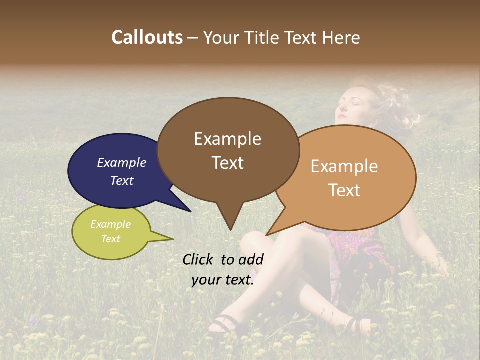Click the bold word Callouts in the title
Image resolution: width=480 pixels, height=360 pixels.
pyautogui.click(x=147, y=37)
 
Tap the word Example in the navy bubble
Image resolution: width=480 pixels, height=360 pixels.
pyautogui.click(x=121, y=162)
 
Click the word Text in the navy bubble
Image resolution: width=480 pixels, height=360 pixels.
pyautogui.click(x=121, y=180)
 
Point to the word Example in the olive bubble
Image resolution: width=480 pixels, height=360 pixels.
pyautogui.click(x=110, y=224)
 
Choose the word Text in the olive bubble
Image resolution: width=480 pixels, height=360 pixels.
pyautogui.click(x=110, y=239)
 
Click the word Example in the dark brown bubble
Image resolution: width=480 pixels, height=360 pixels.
pyautogui.click(x=227, y=138)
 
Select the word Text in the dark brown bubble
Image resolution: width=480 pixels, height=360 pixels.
pyautogui.click(x=227, y=162)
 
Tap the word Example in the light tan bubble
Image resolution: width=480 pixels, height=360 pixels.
pyautogui.click(x=344, y=166)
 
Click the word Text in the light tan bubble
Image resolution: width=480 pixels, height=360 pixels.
pyautogui.click(x=344, y=190)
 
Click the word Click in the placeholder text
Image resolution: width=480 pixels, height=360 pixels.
pyautogui.click(x=199, y=259)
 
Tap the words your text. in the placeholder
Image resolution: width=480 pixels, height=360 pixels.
pyautogui.click(x=223, y=280)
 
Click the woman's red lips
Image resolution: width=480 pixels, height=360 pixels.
pyautogui.click(x=341, y=117)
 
